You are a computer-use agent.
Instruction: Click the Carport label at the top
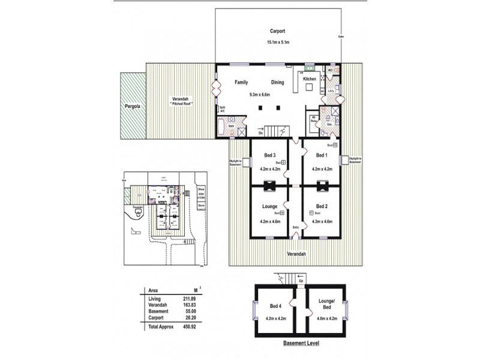pyautogui.click(x=278, y=31)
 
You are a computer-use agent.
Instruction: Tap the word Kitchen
pyautogui.click(x=309, y=79)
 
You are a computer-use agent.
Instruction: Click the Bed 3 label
pyautogui.click(x=270, y=155)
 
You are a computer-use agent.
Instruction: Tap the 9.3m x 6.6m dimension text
pyautogui.click(x=260, y=94)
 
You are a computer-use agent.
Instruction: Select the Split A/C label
pyautogui.click(x=223, y=110)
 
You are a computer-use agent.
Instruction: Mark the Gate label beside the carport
pyautogui.click(x=340, y=36)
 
